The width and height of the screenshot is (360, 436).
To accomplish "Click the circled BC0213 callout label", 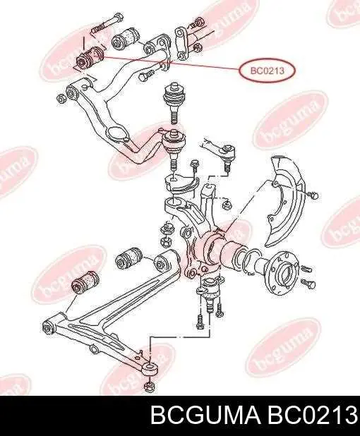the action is click(267, 71).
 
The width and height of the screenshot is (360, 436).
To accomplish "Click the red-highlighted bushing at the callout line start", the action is click(90, 58).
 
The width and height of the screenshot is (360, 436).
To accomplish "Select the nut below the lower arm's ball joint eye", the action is click(150, 387).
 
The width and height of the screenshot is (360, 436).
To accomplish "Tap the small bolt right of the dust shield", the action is click(313, 195).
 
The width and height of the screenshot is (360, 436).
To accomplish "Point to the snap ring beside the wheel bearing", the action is click(252, 261).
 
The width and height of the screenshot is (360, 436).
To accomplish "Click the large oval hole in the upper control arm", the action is click(117, 134).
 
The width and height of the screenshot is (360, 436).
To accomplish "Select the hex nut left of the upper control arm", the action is click(61, 99).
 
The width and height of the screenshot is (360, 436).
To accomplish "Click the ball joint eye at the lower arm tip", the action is click(150, 368).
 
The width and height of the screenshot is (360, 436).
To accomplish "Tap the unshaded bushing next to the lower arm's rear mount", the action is click(128, 258).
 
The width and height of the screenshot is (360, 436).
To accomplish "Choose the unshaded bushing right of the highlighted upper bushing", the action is click(125, 38).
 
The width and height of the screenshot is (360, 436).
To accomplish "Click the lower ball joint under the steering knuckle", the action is click(210, 296).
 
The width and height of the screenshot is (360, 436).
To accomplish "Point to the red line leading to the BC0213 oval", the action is click(172, 63).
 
